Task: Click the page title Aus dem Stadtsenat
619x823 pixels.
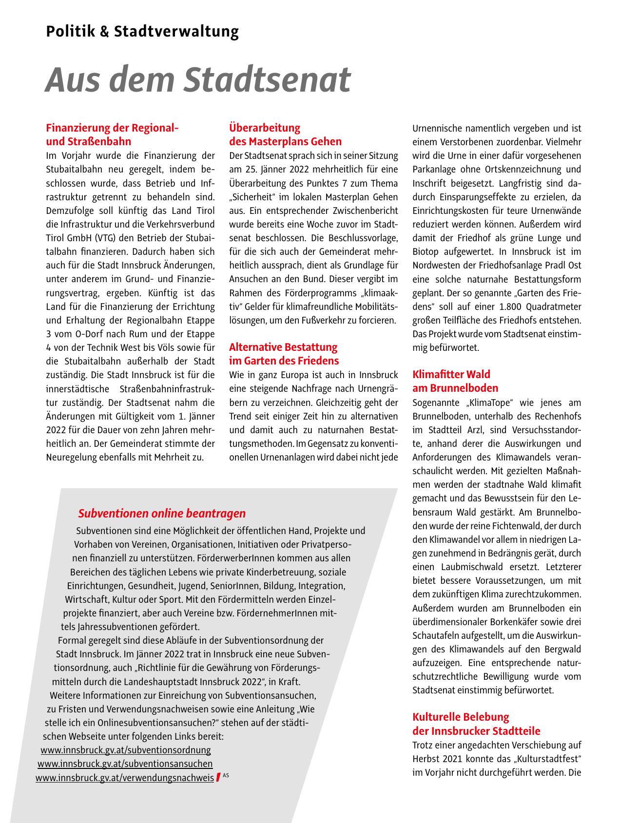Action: click(198, 79)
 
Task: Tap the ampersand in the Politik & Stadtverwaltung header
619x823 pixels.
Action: click(105, 32)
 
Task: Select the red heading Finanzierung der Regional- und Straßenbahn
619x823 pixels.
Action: click(112, 135)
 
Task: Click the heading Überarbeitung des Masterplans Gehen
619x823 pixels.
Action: click(285, 135)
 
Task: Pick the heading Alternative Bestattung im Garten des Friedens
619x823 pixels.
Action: click(284, 354)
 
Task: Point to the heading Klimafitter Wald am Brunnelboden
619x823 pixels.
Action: click(455, 382)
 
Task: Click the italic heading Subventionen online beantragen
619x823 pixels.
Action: click(162, 513)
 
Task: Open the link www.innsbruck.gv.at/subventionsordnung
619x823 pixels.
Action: click(126, 750)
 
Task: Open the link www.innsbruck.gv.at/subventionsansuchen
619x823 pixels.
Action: click(125, 764)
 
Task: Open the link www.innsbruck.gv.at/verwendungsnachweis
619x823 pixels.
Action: click(125, 778)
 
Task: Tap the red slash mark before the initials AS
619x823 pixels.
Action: click(218, 777)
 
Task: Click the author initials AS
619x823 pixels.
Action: click(226, 775)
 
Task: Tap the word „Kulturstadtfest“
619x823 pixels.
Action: click(548, 760)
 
